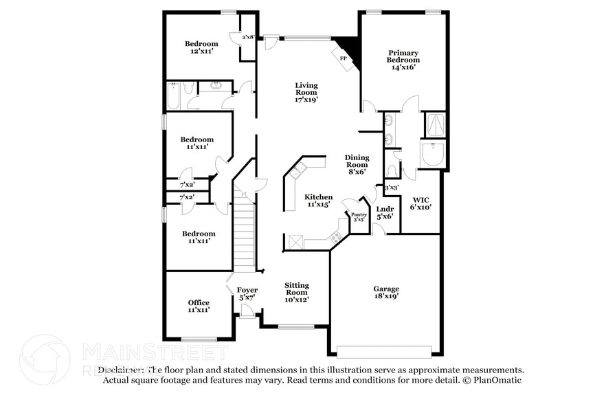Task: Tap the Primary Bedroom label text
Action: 403,56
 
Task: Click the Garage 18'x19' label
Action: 386,293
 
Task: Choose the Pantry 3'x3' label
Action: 359,217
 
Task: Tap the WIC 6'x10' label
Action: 420,203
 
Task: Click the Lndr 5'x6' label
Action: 385,212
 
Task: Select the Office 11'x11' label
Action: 199,306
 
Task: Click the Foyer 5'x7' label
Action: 247,294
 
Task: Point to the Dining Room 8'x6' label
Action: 357,164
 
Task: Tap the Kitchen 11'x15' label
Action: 318,200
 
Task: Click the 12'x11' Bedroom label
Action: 204,47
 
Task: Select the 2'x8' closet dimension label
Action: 247,37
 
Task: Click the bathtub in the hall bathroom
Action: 173,96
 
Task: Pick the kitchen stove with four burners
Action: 337,237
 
